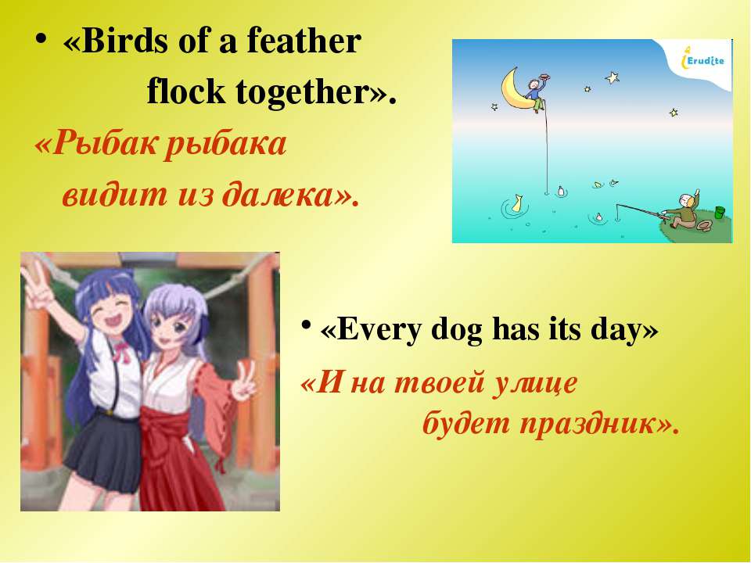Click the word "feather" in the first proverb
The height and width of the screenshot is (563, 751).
304,41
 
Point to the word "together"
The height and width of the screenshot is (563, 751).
302,93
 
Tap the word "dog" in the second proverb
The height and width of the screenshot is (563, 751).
456,331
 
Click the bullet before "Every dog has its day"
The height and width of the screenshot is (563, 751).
306,324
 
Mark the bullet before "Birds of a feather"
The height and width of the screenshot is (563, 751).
41,39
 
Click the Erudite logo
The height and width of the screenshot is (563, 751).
702,60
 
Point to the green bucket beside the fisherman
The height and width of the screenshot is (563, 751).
720,212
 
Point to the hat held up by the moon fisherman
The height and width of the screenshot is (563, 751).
544,75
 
